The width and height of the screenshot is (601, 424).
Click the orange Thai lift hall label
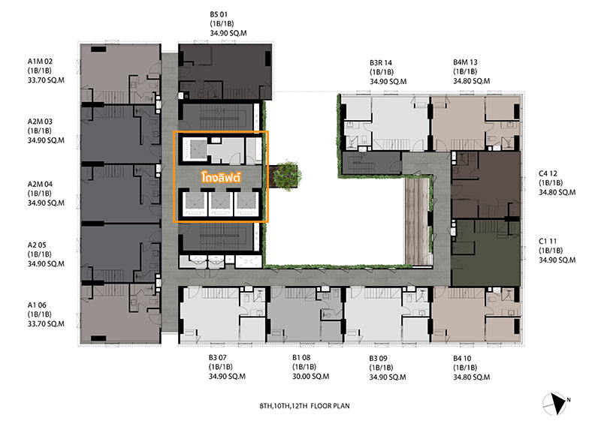221,178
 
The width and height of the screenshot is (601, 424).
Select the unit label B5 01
219,14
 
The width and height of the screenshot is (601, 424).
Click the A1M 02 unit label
40,62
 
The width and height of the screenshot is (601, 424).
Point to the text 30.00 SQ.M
310,377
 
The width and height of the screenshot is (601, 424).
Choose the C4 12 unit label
548,173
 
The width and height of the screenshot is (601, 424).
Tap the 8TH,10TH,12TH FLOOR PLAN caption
305,406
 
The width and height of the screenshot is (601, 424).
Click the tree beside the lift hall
288,175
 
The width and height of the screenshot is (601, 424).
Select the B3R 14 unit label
381,63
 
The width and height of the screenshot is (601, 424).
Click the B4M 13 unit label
465,62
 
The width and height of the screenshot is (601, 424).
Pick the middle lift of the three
220,203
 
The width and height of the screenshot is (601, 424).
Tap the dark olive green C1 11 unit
485,253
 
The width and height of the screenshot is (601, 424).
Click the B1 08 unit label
301,358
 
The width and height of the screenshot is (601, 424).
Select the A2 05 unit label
37,245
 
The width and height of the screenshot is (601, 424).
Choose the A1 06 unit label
37,305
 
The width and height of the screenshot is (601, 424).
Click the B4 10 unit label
462,359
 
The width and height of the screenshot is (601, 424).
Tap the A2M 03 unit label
40,122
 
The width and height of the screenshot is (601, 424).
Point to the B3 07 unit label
218,358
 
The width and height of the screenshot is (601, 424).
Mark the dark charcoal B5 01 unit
225,71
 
